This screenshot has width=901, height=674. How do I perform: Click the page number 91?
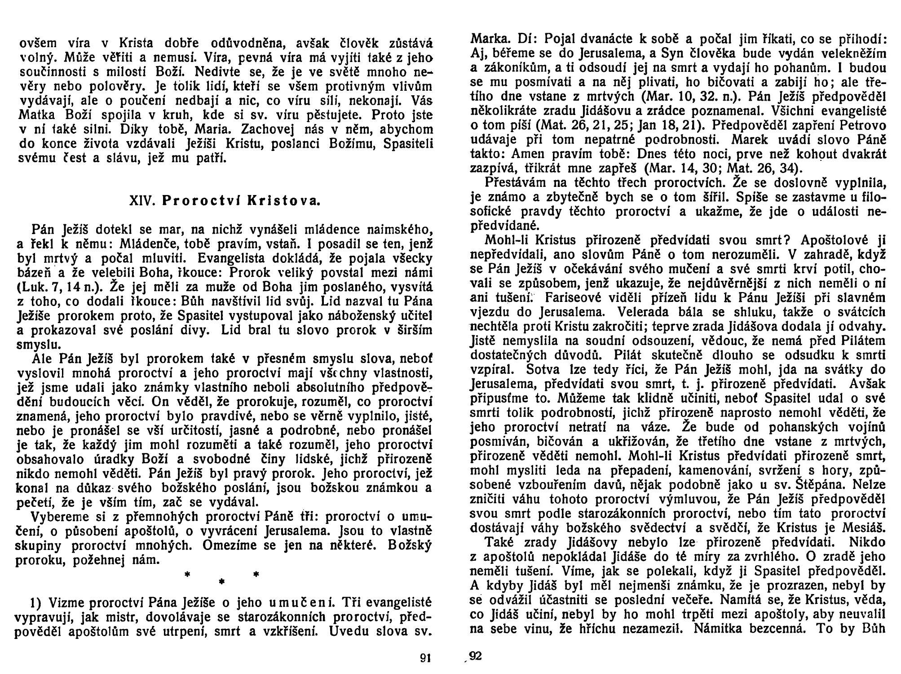(x=425, y=658)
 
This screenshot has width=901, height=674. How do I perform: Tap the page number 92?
(x=475, y=656)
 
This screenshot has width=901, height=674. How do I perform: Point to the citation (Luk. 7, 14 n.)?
(x=53, y=287)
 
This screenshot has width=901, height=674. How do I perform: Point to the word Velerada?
(x=642, y=312)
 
